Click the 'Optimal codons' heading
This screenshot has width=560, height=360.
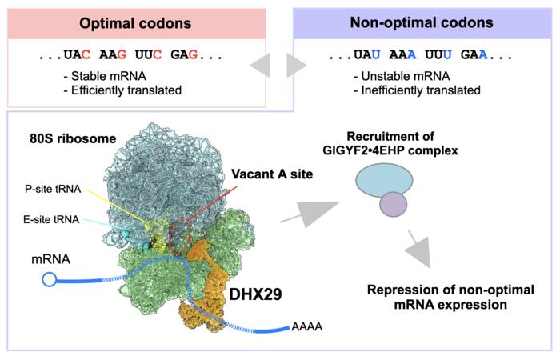(x=135, y=23)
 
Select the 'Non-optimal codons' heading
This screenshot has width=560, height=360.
(x=422, y=22)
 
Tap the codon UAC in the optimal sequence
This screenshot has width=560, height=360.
(x=77, y=55)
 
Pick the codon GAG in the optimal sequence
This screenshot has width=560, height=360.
(x=184, y=55)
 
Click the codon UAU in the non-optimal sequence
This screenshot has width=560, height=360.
(x=366, y=55)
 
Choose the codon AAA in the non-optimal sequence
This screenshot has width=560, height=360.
(x=402, y=55)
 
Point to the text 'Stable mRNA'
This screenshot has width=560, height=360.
(x=109, y=76)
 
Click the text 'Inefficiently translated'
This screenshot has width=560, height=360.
(x=421, y=90)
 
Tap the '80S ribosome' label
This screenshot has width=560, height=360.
(x=73, y=138)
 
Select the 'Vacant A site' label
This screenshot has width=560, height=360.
(x=272, y=174)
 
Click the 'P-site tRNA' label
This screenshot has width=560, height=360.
(x=53, y=189)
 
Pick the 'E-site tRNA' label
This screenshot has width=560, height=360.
(x=51, y=219)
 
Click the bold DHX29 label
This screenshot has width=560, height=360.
(x=255, y=294)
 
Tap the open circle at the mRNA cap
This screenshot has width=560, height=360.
(x=50, y=279)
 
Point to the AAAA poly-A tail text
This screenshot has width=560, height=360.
(x=307, y=326)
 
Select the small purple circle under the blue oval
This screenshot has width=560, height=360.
(x=394, y=204)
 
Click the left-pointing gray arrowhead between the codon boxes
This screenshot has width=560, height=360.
(x=262, y=65)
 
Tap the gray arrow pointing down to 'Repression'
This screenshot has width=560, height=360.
(x=418, y=249)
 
